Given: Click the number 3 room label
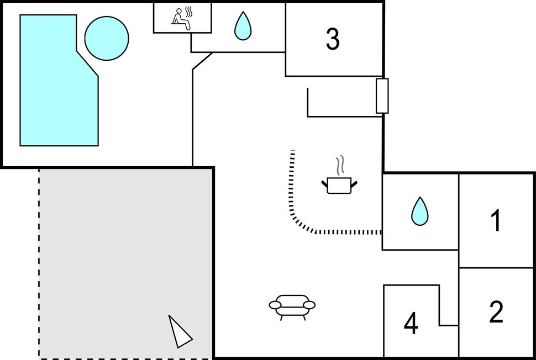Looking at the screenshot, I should [x=332, y=39].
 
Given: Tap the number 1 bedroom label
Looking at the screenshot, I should [x=496, y=221].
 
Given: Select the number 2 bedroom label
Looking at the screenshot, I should [x=496, y=312].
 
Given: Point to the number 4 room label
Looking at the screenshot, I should [x=411, y=324].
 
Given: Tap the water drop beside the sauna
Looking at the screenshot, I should [x=242, y=26].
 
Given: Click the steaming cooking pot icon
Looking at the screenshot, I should [x=339, y=184].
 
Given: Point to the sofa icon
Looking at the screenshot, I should [x=292, y=305].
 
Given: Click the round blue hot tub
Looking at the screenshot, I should [x=107, y=38].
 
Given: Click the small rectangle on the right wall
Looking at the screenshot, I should [x=382, y=96].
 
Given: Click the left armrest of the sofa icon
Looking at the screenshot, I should [x=275, y=305].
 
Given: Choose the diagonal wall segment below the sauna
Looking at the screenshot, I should [x=202, y=61].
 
